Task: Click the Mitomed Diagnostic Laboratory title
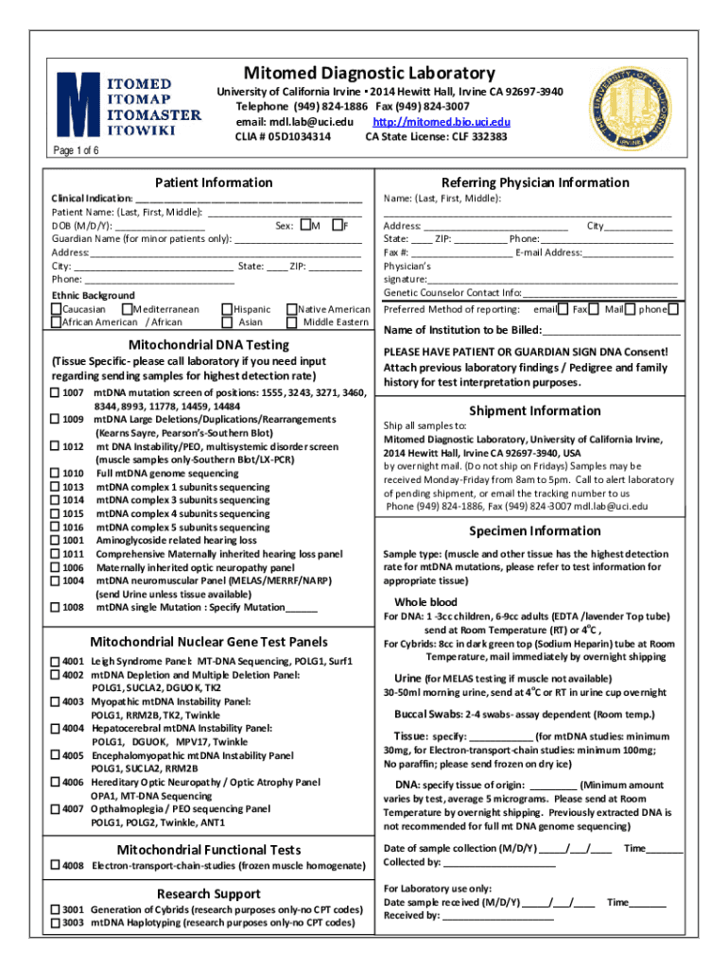(370, 73)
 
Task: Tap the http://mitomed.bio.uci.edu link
(442, 123)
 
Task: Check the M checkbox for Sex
(304, 225)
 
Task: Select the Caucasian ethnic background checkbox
(56, 309)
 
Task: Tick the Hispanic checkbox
(226, 309)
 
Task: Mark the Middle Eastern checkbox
(290, 322)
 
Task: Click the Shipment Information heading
(534, 410)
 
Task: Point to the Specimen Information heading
(534, 530)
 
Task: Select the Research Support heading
(208, 893)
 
